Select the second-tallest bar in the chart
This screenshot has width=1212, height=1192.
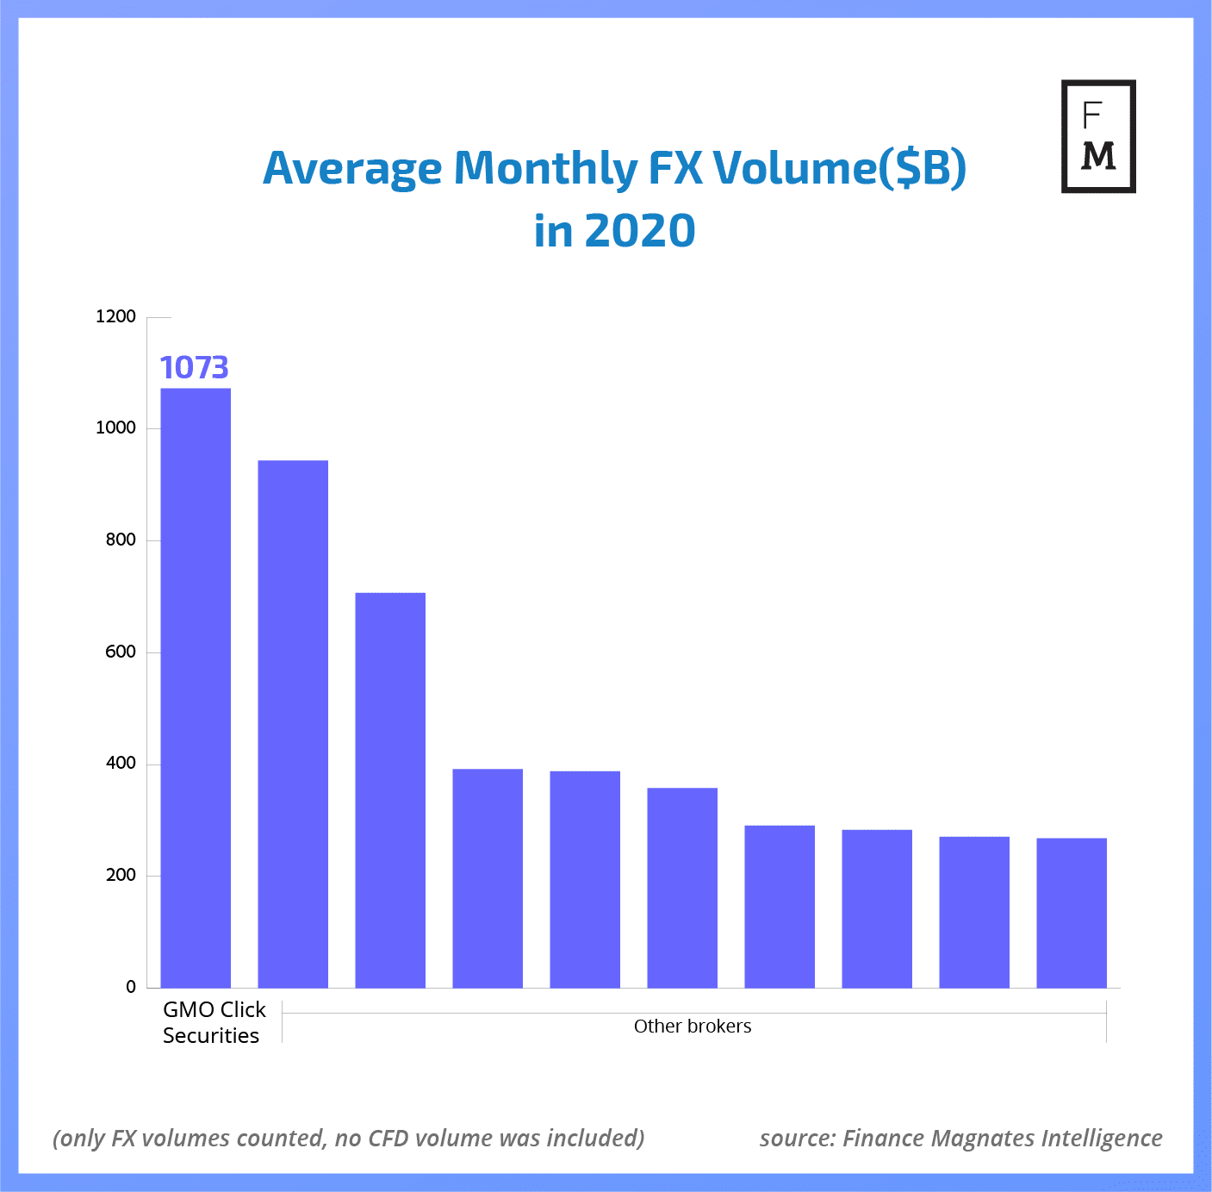tap(293, 724)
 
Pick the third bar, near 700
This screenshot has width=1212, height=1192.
tap(390, 789)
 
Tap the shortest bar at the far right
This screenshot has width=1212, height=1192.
tap(1072, 913)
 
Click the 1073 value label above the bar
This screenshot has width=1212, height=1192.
tap(195, 368)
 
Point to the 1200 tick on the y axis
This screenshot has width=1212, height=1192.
tap(116, 316)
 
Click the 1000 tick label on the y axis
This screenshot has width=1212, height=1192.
tap(116, 428)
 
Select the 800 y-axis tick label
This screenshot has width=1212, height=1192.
tap(121, 540)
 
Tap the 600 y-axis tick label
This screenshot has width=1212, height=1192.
tap(121, 652)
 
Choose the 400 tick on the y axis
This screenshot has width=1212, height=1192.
tap(121, 764)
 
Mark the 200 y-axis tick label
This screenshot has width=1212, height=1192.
tap(121, 876)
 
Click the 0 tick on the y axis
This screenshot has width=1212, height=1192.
tap(131, 987)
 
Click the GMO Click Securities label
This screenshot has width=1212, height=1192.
tap(214, 1022)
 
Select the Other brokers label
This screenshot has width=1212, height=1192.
tap(693, 1027)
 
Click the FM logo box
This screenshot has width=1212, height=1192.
tap(1098, 136)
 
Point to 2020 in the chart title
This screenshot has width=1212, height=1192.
tap(640, 231)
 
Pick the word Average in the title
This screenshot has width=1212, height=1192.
tap(352, 168)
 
